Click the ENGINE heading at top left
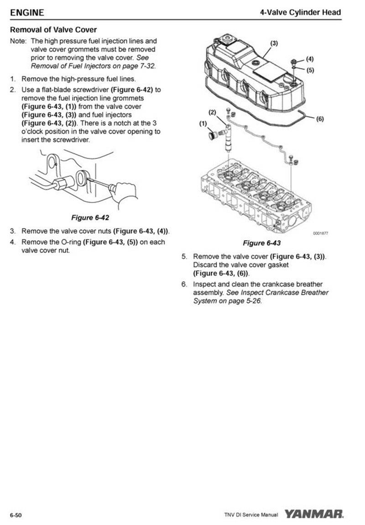[27, 12]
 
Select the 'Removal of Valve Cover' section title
[53, 30]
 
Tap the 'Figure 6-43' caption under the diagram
[261, 242]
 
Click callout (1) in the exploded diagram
[203, 124]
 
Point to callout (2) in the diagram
[212, 112]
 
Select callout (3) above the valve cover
[274, 43]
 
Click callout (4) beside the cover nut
[310, 59]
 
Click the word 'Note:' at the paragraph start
[19, 41]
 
